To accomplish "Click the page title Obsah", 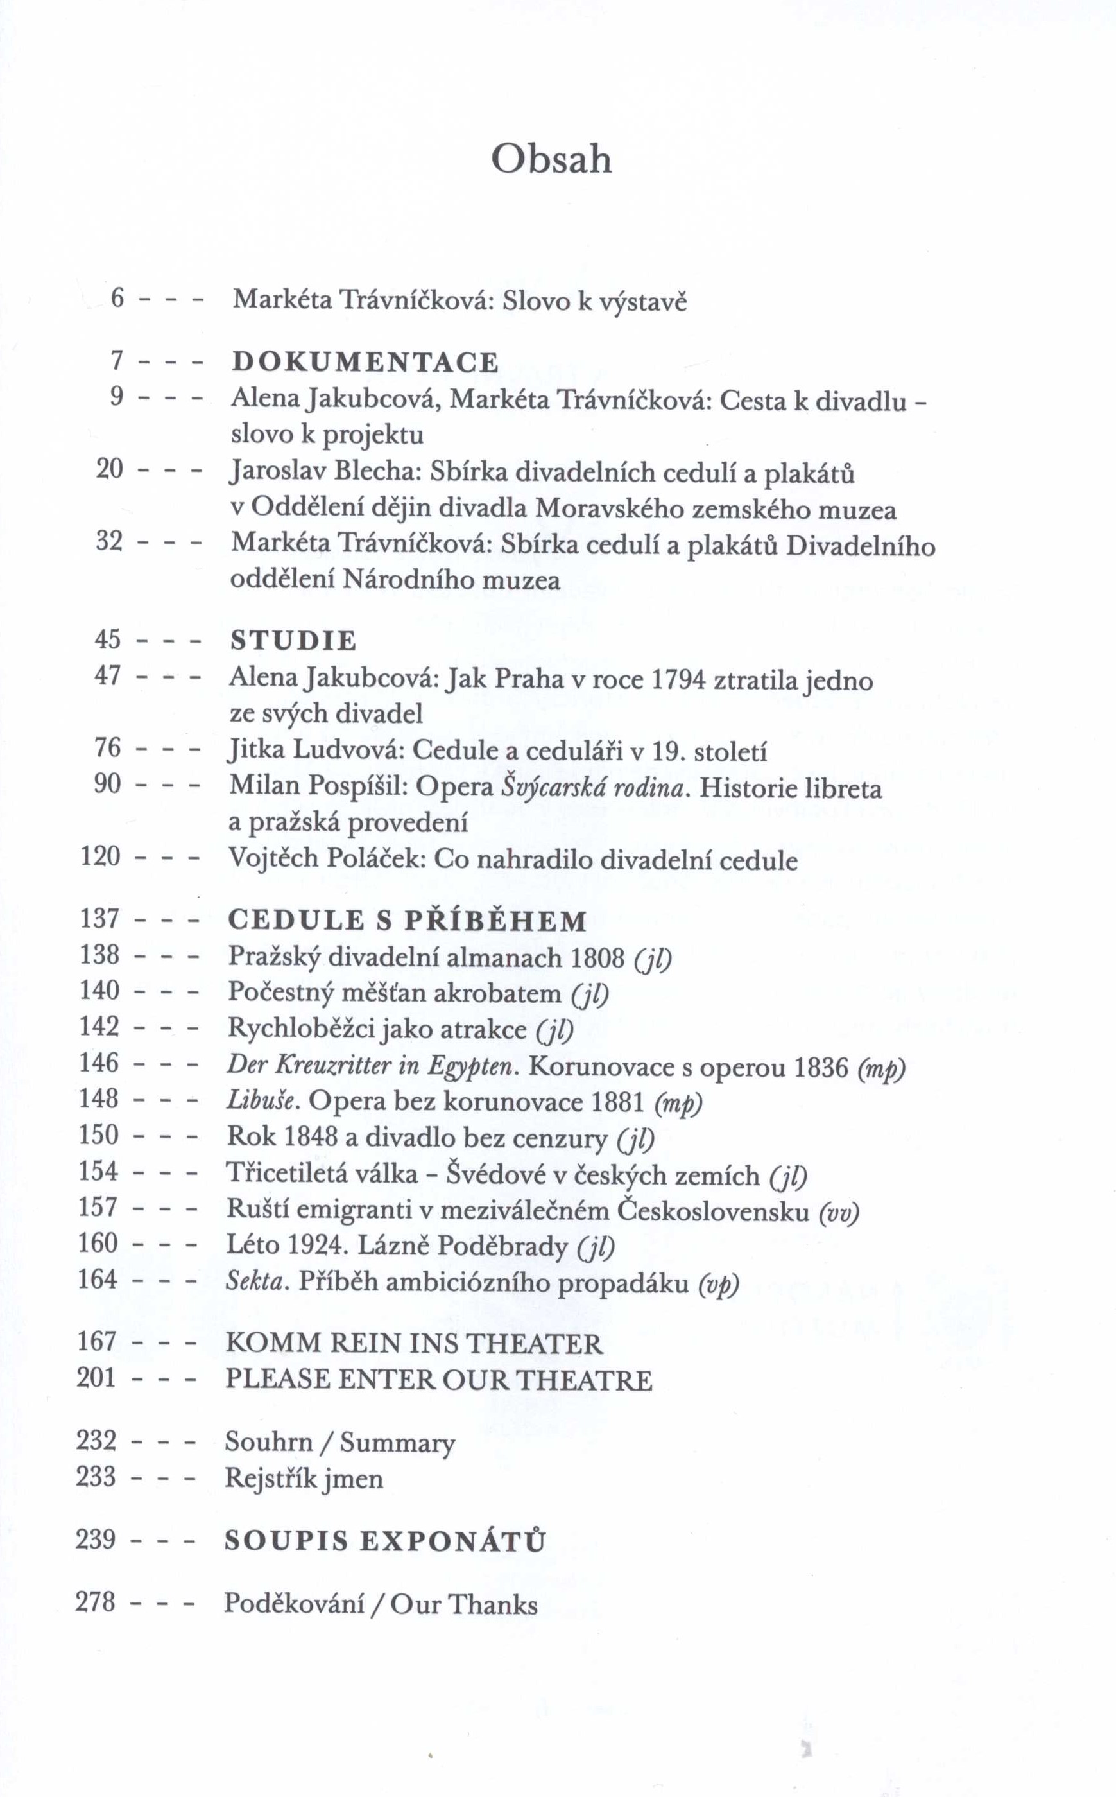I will (551, 159).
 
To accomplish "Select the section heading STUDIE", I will (293, 640).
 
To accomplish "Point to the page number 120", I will (100, 856).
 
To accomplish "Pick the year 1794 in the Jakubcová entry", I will (680, 679).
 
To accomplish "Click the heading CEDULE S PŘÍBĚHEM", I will (408, 921).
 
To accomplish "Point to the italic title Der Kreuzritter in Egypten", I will (370, 1066).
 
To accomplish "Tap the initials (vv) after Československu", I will (839, 1211).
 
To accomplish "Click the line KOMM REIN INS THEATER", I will (414, 1343).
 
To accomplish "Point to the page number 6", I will (117, 299).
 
